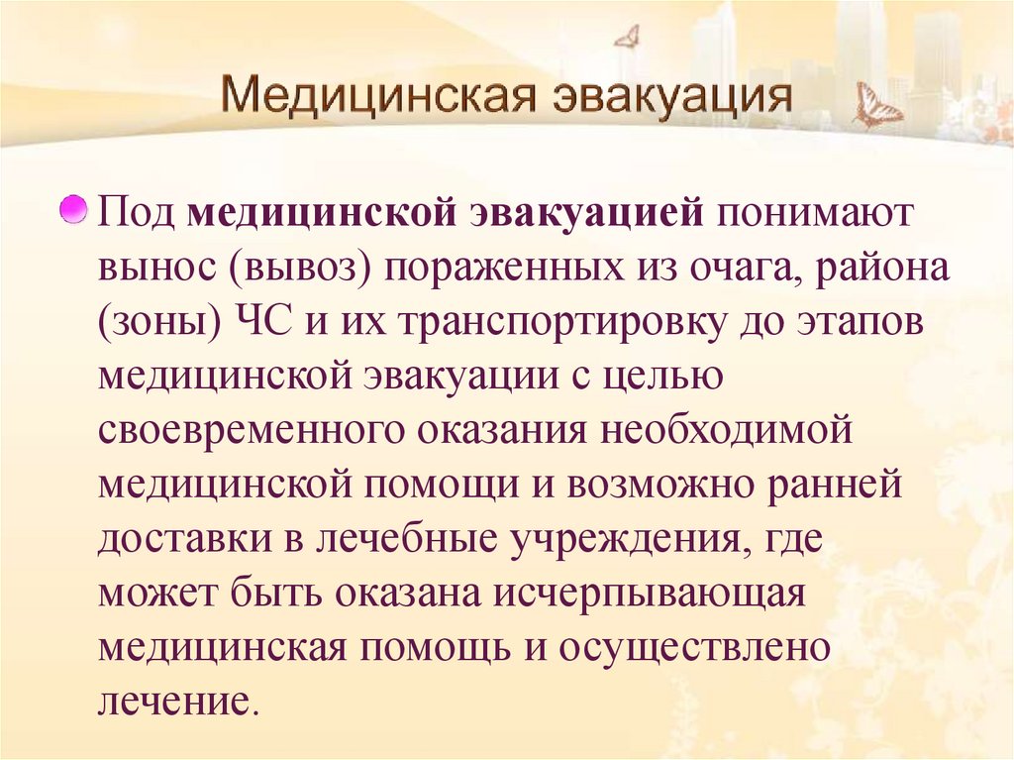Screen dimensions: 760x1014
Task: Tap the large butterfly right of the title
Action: (876, 106)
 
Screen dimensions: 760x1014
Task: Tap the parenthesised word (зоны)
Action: (156, 326)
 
